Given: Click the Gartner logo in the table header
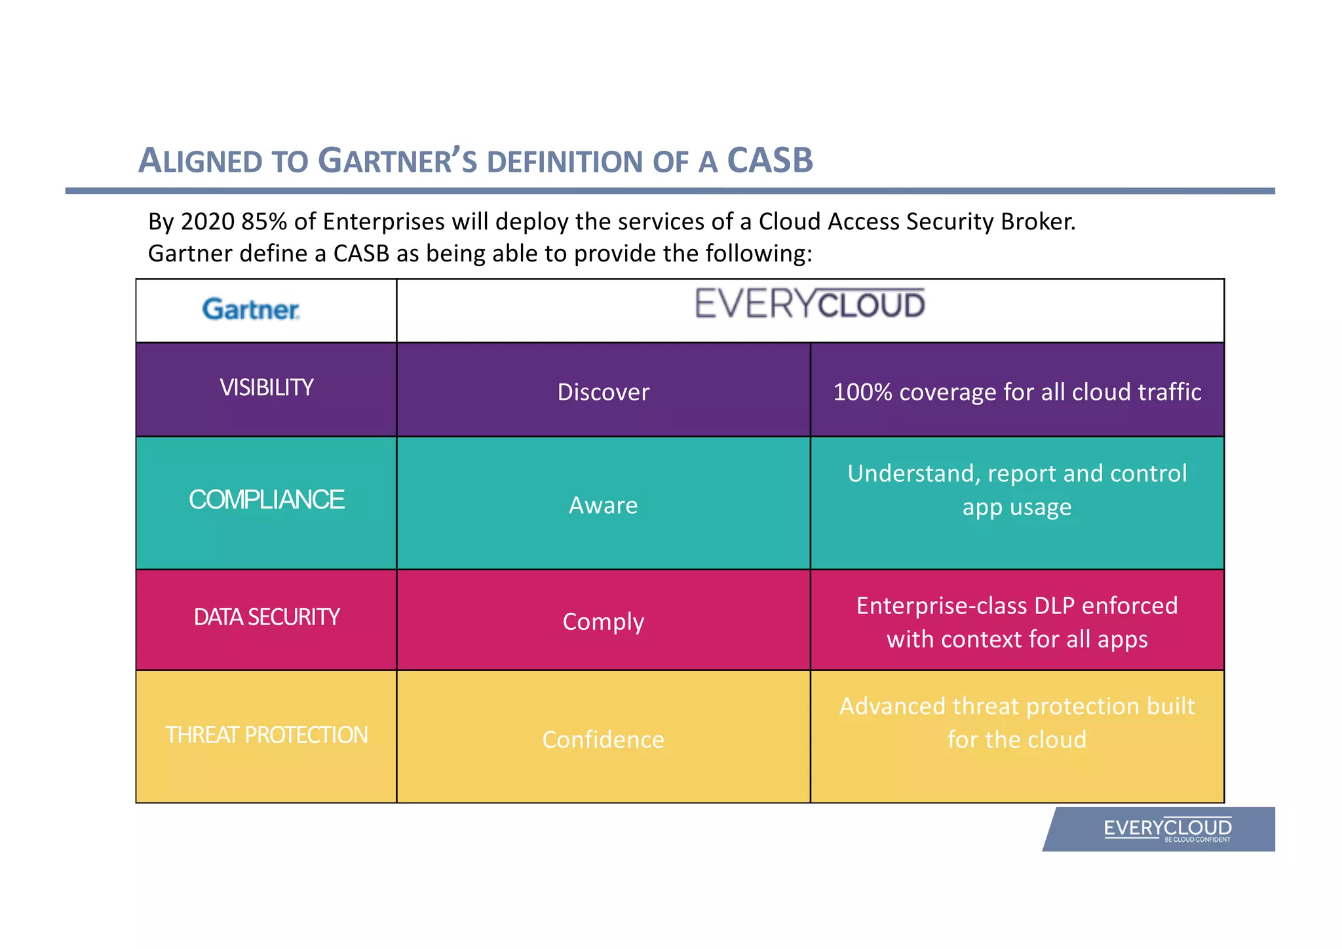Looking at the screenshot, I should click(x=250, y=309).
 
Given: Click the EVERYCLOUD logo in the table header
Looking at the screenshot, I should click(x=809, y=304).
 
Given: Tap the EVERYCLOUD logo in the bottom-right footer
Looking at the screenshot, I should click(x=1167, y=829).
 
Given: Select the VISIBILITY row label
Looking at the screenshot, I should click(x=266, y=387).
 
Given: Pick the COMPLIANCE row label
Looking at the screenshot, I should click(x=266, y=500).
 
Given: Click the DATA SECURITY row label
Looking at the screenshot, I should click(x=266, y=617).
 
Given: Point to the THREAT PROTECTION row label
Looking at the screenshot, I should click(x=266, y=735).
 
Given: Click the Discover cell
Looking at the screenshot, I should click(x=603, y=392).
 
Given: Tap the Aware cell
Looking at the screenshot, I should click(x=603, y=505).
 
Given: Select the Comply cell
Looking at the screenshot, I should click(x=603, y=621).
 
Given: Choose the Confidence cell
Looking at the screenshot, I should click(x=603, y=740).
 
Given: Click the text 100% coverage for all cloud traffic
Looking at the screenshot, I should click(x=1017, y=392).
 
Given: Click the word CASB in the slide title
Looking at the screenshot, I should click(x=770, y=160).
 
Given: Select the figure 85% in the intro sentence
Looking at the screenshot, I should click(x=264, y=222).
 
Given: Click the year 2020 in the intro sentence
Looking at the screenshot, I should click(x=208, y=222).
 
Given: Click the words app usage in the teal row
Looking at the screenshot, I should click(x=1017, y=507).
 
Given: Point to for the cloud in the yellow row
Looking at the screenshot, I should click(x=1017, y=740).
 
